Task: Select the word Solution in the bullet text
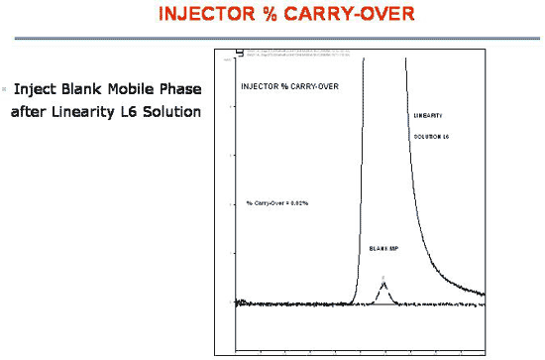click(173, 110)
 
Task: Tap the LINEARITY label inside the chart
click(429, 117)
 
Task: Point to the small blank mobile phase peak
click(384, 290)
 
